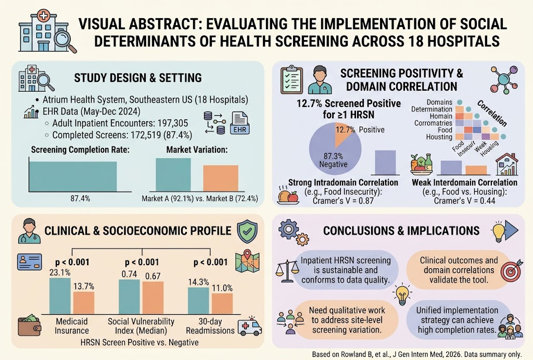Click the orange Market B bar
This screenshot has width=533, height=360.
tap(221, 178)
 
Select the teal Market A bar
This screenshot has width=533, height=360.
tap(173, 175)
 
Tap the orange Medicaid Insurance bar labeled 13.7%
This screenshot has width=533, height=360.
tap(84, 303)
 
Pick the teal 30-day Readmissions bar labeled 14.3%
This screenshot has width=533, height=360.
tap(198, 301)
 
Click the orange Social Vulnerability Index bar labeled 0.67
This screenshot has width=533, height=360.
tap(153, 297)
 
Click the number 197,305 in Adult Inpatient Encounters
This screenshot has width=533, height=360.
tap(170, 123)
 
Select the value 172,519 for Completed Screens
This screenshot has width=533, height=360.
tap(146, 135)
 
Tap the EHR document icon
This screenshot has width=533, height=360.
tap(239, 123)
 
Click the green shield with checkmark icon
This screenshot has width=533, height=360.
tap(247, 231)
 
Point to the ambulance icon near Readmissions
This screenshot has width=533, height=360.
tap(249, 326)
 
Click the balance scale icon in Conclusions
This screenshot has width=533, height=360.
tap(287, 271)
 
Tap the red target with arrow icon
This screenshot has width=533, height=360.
tap(512, 270)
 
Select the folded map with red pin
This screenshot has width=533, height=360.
tap(247, 262)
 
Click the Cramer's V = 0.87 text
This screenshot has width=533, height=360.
tap(343, 201)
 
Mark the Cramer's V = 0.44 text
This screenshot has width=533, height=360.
tap(464, 201)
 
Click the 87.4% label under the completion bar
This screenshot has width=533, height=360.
tap(80, 198)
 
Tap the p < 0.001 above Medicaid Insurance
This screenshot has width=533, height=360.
tap(72, 262)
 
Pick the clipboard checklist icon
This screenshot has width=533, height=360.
tap(291, 80)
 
